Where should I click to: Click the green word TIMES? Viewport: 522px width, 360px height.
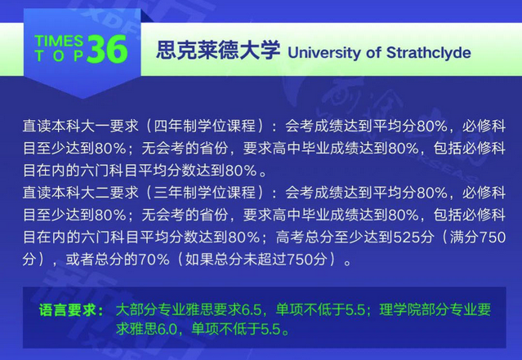point(59,41)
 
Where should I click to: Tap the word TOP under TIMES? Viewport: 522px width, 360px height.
point(59,56)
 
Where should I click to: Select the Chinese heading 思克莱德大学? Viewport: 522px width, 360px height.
point(218,51)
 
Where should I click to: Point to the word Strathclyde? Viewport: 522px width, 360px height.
point(428,52)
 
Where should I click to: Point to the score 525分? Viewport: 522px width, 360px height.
point(413,238)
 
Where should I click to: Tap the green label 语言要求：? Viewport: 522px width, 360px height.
point(71,310)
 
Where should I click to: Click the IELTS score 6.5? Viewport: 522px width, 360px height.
point(252,310)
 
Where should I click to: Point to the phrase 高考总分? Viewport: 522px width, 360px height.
point(304,238)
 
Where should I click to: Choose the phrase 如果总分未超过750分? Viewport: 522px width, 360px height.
point(256,260)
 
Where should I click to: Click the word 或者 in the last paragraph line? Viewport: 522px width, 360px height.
point(80,260)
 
